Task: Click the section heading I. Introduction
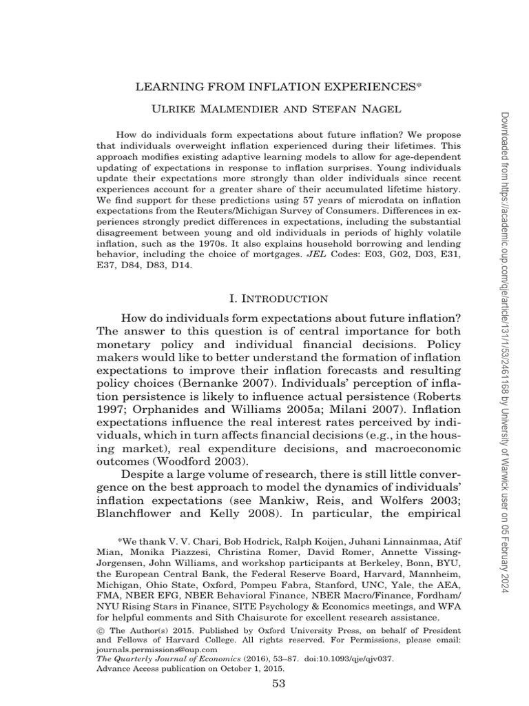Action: (x=278, y=299)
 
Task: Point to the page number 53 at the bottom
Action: (x=278, y=683)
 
